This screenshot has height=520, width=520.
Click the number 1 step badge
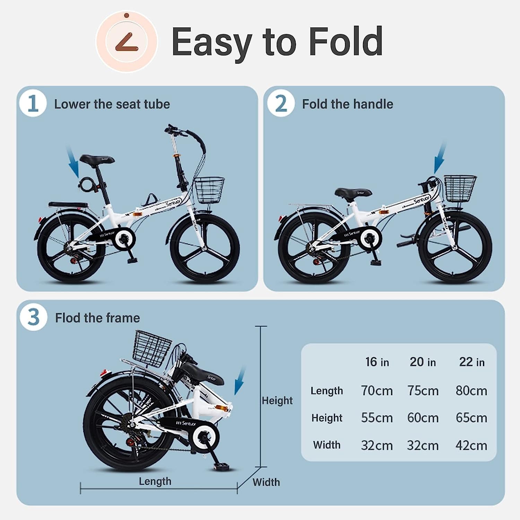click(x=33, y=103)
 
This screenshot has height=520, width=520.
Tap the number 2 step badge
click(x=281, y=103)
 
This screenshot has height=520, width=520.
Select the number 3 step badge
click(x=33, y=317)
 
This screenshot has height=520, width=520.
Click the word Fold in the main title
click(x=346, y=42)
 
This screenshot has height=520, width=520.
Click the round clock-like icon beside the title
click(x=127, y=42)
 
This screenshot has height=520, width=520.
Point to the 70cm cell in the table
click(x=377, y=391)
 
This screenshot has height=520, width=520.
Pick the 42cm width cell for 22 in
click(x=471, y=445)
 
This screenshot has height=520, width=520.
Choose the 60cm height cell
click(x=423, y=418)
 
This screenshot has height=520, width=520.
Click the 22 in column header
click(x=472, y=362)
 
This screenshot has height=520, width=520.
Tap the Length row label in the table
click(x=327, y=391)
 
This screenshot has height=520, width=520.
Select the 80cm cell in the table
click(x=471, y=391)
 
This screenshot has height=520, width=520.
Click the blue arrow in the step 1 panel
click(x=73, y=162)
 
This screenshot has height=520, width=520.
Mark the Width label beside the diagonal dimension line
click(x=266, y=482)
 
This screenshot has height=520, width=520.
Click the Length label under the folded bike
click(x=155, y=481)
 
